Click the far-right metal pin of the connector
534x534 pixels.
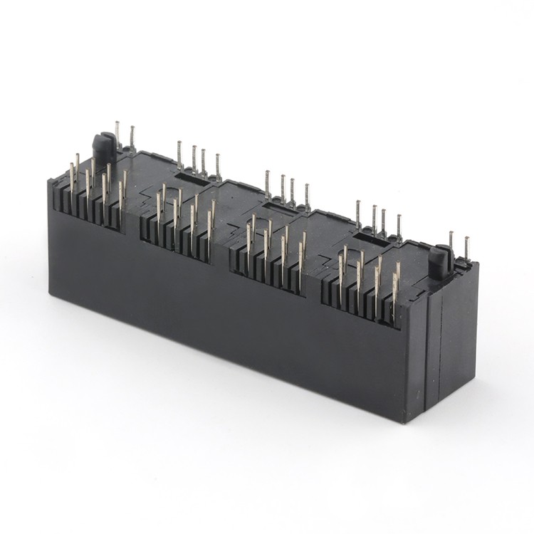tap(466, 248)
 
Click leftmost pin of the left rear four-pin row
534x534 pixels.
tap(179, 155)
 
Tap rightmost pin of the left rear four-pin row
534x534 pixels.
tap(218, 167)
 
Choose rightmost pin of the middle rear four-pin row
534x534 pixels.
tap(307, 197)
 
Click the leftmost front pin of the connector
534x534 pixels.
tap(71, 178)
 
